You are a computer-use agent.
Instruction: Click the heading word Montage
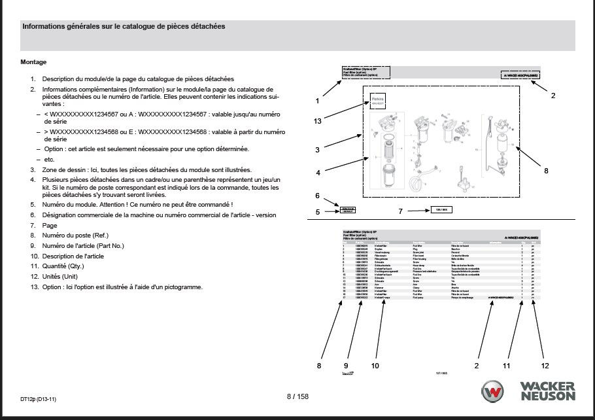click(x=33, y=62)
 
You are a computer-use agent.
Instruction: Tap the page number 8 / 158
click(x=297, y=396)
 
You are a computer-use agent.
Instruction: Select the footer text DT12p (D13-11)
click(x=38, y=398)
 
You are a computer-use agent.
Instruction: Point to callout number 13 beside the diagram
click(x=317, y=121)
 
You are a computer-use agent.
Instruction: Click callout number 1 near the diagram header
click(x=316, y=101)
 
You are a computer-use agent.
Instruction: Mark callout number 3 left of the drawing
click(x=317, y=150)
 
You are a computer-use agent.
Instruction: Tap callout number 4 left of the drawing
click(x=317, y=173)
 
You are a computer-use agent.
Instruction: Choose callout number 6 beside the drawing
click(x=317, y=196)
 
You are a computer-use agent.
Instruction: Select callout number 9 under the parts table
click(x=347, y=364)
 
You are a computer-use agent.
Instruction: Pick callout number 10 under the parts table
click(x=375, y=364)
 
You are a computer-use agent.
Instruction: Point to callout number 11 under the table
click(x=506, y=364)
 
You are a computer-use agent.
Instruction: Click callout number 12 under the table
click(x=545, y=364)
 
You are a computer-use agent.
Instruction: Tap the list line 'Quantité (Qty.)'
click(x=69, y=266)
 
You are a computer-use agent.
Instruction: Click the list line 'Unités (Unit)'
click(x=65, y=277)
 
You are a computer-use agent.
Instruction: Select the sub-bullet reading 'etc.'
click(x=50, y=159)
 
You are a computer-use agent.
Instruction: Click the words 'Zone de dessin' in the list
click(x=65, y=169)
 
